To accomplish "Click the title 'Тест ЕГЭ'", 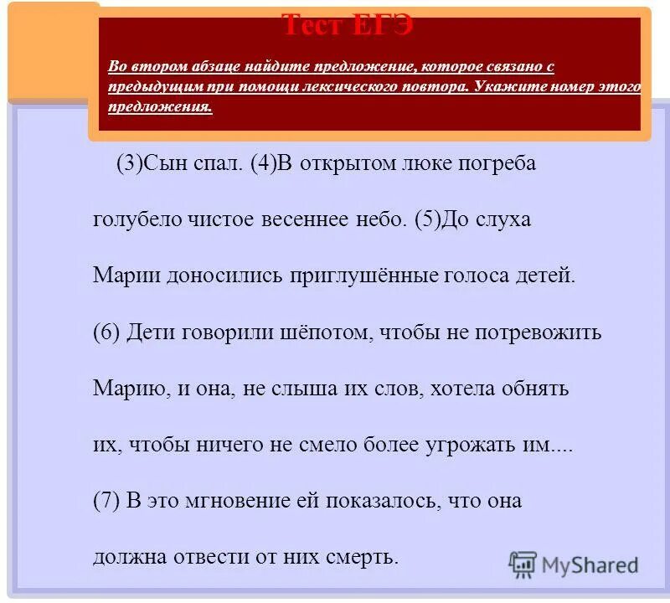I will (347, 24).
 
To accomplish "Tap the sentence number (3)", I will (129, 163).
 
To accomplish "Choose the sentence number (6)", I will (107, 332).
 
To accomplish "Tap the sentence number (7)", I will (107, 501).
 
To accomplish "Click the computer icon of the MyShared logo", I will (523, 564).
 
